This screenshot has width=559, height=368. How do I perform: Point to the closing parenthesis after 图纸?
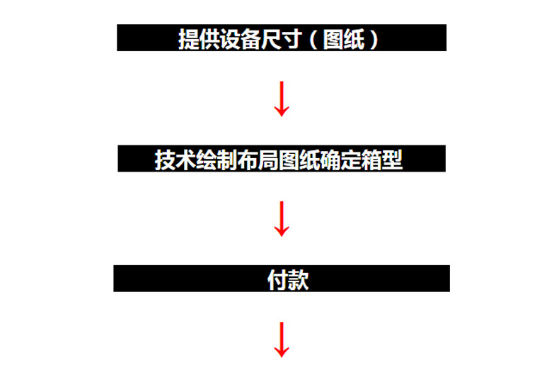(x=374, y=39)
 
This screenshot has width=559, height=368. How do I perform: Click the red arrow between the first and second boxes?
(x=282, y=99)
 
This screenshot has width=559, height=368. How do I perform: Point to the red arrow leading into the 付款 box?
(x=282, y=219)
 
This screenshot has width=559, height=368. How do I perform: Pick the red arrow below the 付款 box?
(x=282, y=340)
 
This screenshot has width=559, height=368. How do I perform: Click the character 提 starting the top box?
(x=189, y=39)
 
